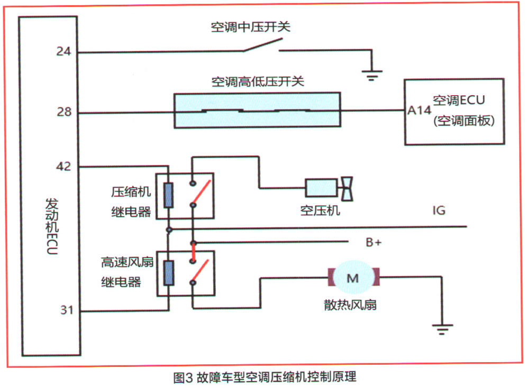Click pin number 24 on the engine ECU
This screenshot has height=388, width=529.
pos(64,51)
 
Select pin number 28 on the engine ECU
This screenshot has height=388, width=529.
pos(64,112)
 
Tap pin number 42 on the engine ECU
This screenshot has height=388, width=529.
pos(64,166)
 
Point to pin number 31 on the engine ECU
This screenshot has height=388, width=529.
pos(67,310)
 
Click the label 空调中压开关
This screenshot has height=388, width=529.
pos(251,27)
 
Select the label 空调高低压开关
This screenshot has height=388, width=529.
pos(258,81)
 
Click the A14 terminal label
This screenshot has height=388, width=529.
pos(419,110)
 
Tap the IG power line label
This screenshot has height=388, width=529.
pos(439,210)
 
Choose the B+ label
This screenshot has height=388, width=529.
pos(374,242)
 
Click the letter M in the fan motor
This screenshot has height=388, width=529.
pos(353,279)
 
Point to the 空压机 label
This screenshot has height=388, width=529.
pos(320,211)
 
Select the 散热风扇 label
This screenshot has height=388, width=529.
pos(350,304)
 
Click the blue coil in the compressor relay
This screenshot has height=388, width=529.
pos(168,195)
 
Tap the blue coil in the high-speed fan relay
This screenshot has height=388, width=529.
pos(169,273)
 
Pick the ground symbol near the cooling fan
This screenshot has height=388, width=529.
pos(442,329)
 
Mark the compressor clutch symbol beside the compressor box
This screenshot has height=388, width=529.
pos(347,189)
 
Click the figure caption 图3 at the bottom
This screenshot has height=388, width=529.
pos(183,377)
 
